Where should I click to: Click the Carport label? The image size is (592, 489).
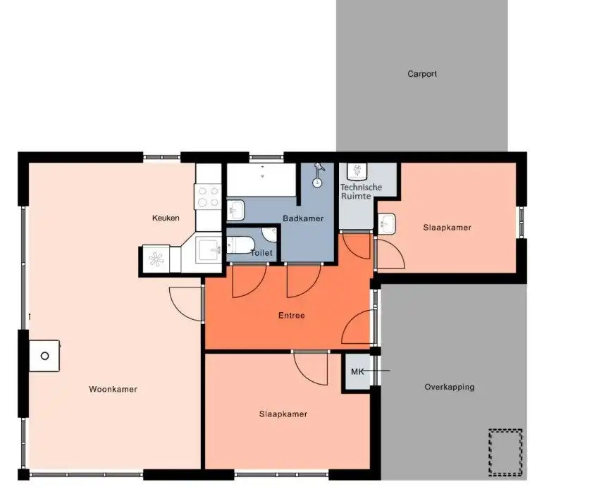[422, 74]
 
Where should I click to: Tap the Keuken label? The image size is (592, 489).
[166, 218]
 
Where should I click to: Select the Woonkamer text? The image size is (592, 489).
[113, 390]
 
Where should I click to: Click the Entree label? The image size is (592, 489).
[292, 315]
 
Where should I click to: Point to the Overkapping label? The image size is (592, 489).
[450, 387]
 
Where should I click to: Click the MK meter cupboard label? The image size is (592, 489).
[357, 371]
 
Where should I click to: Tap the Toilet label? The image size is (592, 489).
[261, 253]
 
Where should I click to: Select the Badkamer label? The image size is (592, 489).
[303, 218]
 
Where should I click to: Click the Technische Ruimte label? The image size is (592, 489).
[361, 192]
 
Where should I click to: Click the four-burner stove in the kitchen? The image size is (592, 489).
[208, 197]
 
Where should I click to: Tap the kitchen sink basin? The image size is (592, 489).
[208, 249]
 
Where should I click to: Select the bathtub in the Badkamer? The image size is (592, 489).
[261, 180]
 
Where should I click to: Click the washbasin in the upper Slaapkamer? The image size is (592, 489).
[387, 224]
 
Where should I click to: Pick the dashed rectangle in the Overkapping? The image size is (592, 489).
[505, 452]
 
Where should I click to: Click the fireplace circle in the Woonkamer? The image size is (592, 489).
[44, 356]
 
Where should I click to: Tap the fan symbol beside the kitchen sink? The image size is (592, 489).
[156, 259]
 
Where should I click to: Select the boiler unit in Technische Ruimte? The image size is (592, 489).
[357, 172]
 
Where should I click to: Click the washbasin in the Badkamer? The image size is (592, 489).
[235, 210]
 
